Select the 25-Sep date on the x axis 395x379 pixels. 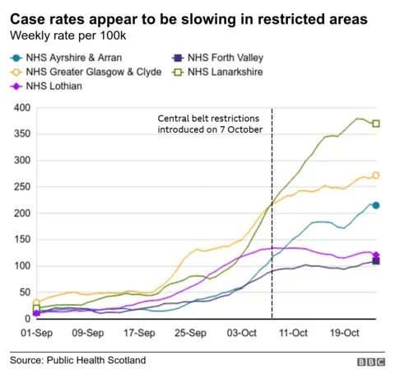[190, 333]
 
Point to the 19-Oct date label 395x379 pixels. [345, 333]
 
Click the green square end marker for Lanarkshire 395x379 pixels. [376, 124]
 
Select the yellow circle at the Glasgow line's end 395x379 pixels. [376, 175]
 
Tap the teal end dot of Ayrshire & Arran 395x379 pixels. [376, 205]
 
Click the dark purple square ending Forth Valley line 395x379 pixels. [376, 261]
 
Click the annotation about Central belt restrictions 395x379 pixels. [210, 125]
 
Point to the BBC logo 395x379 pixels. [369, 362]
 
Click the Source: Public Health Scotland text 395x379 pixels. [77, 361]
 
